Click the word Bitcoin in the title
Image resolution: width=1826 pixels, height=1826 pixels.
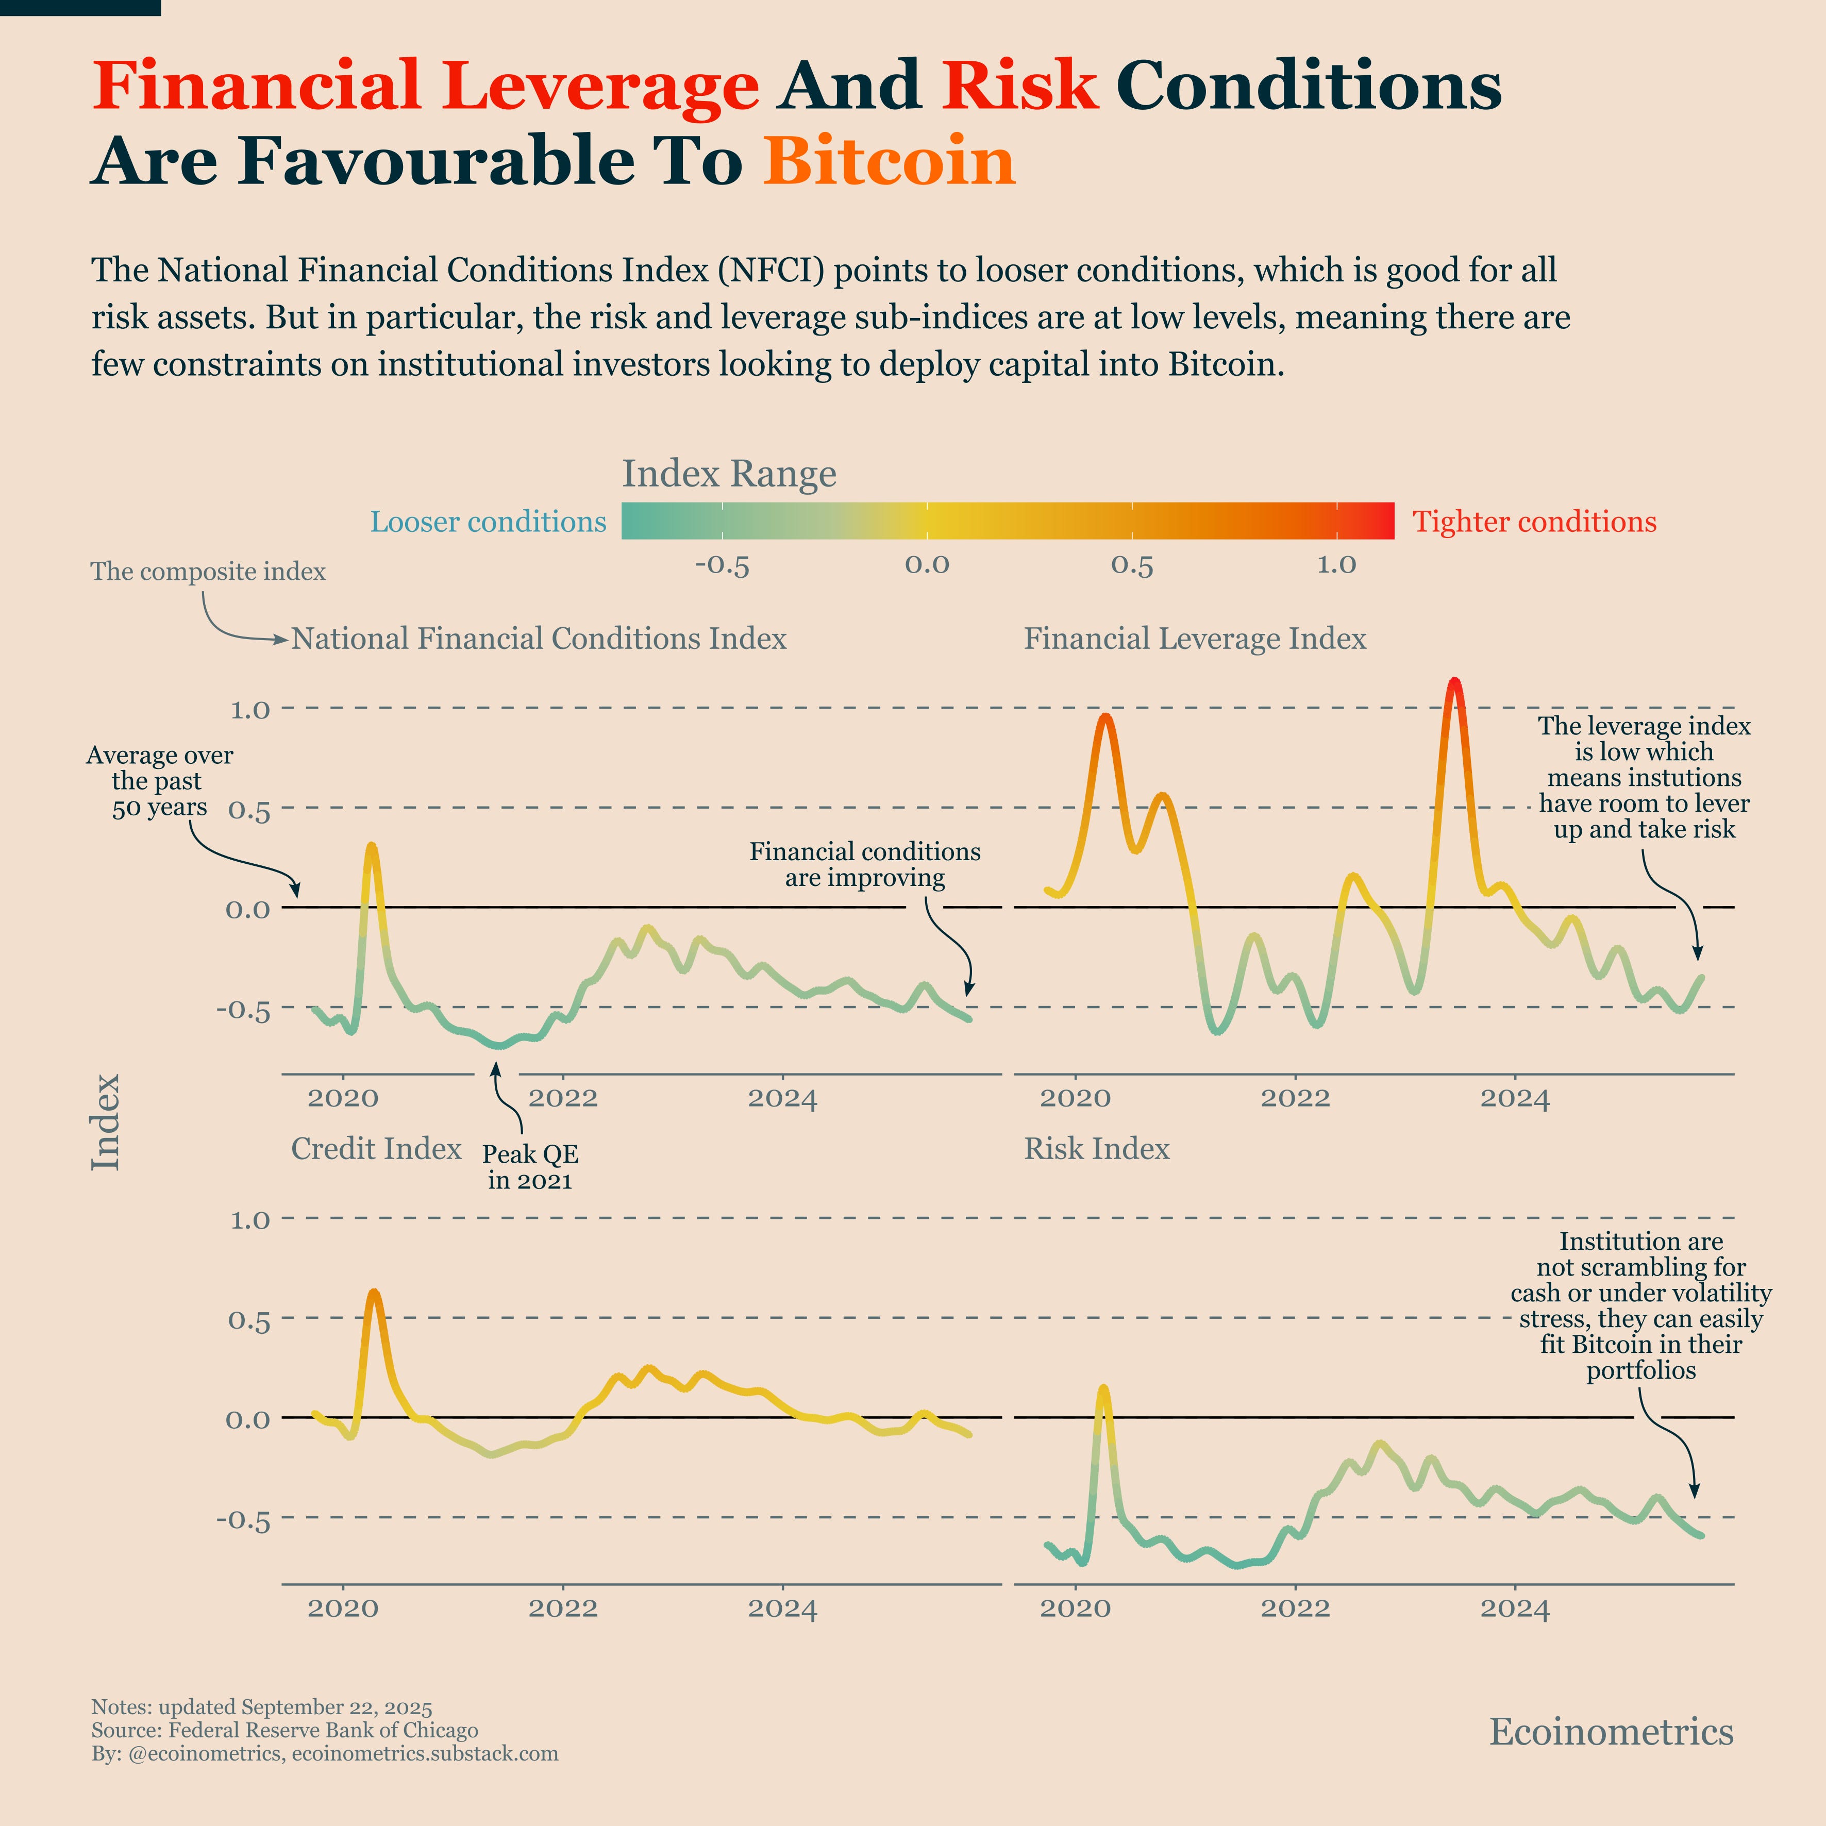pyautogui.click(x=889, y=161)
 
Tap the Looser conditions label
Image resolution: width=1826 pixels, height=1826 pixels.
pyautogui.click(x=488, y=522)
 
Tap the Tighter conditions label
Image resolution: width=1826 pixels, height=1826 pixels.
pyautogui.click(x=1534, y=522)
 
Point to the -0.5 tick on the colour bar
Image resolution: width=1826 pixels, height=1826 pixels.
pyautogui.click(x=722, y=565)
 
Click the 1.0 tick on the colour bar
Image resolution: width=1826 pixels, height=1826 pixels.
pyautogui.click(x=1336, y=565)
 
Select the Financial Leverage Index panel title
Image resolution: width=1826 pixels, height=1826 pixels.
pyautogui.click(x=1195, y=639)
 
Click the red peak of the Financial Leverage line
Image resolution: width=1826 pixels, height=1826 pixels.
pyautogui.click(x=1454, y=682)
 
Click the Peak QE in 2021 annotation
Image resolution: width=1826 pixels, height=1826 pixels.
pyautogui.click(x=530, y=1167)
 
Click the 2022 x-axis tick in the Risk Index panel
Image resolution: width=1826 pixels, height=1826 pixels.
pyautogui.click(x=1295, y=1609)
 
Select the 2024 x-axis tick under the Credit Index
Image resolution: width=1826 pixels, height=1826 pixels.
pyautogui.click(x=782, y=1609)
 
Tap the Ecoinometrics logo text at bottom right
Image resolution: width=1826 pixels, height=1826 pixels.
pyautogui.click(x=1611, y=1732)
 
